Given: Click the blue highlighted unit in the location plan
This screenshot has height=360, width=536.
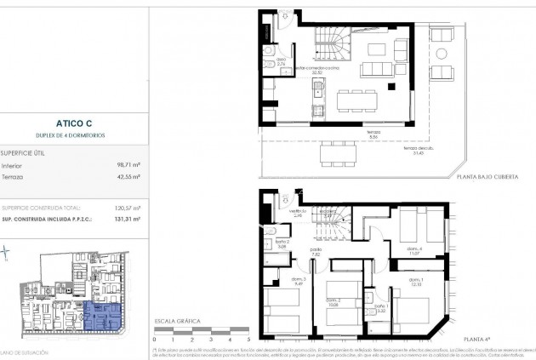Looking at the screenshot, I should [x=103, y=317].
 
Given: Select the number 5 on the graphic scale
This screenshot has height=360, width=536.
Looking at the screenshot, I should [x=246, y=339].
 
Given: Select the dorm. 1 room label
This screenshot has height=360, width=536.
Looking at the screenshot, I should [x=416, y=283].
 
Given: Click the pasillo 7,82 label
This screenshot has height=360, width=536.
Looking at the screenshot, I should [x=316, y=252].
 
